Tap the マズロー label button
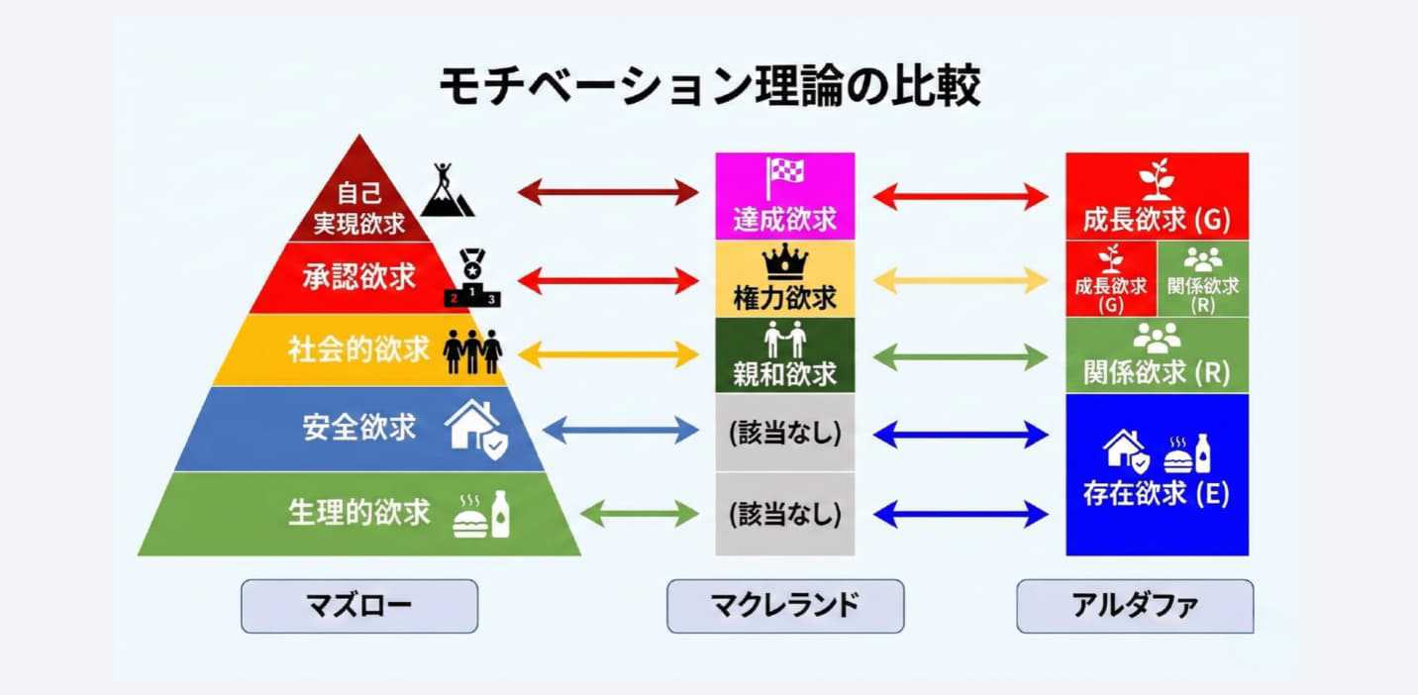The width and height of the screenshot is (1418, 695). [359, 606]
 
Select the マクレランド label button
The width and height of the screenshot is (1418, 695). [784, 606]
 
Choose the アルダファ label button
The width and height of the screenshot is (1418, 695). [1135, 606]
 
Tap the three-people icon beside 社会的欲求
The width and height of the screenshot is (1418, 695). [472, 350]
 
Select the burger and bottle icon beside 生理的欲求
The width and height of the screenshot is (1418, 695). [481, 515]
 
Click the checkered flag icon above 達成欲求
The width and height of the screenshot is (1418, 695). [785, 177]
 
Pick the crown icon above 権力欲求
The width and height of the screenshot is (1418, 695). [785, 263]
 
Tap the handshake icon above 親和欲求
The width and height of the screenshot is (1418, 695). [785, 341]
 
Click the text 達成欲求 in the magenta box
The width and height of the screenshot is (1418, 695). [785, 219]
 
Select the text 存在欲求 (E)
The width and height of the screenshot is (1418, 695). [1157, 493]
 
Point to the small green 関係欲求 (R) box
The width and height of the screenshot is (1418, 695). [1203, 278]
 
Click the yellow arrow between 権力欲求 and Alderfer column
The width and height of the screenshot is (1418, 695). [960, 280]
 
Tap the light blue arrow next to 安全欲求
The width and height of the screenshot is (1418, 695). [621, 430]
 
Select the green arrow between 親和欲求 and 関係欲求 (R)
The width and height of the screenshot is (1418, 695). [960, 356]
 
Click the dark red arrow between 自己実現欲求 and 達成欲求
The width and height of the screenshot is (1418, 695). [608, 192]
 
